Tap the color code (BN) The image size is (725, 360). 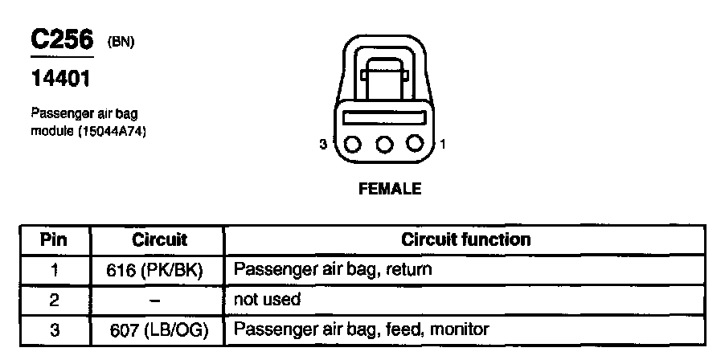121,43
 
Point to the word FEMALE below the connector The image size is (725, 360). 390,190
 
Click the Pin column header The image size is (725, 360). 54,239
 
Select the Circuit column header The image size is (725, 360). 158,239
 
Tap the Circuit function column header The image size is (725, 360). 465,239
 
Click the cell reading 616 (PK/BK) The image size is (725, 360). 158,269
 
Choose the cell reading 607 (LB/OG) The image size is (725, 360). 158,329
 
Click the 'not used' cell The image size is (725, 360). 267,300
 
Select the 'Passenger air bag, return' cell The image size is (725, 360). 332,269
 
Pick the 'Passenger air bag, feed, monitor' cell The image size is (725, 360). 361,329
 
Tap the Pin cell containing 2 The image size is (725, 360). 54,300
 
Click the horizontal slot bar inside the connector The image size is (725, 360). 384,117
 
